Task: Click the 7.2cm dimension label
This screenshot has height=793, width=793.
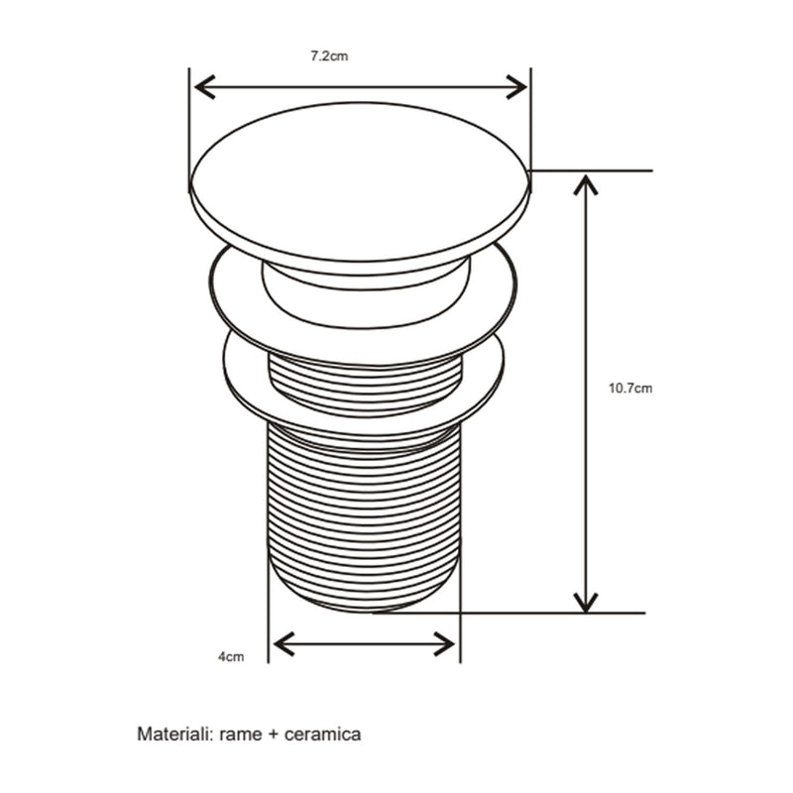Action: pyautogui.click(x=329, y=56)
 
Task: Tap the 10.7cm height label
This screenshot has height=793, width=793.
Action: pyautogui.click(x=630, y=389)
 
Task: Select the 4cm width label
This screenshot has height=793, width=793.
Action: pyautogui.click(x=231, y=657)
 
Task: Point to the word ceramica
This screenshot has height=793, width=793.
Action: pyautogui.click(x=323, y=735)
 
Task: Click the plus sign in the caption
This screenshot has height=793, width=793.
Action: pyautogui.click(x=274, y=735)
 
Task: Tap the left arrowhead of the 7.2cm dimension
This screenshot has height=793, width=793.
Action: pyautogui.click(x=204, y=88)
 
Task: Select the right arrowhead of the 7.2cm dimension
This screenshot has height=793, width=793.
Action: pyautogui.click(x=516, y=87)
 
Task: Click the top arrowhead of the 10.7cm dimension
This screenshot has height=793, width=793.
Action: pyautogui.click(x=586, y=184)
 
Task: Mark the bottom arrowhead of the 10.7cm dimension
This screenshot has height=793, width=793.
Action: pyautogui.click(x=586, y=603)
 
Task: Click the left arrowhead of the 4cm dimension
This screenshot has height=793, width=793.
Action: pyautogui.click(x=283, y=643)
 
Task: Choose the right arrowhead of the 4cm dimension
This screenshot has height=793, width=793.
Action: pyautogui.click(x=445, y=643)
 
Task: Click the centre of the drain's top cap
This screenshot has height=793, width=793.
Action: pyautogui.click(x=360, y=183)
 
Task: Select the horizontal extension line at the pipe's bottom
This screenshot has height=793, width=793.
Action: pyautogui.click(x=509, y=613)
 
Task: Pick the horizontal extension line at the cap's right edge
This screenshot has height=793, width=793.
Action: pyautogui.click(x=591, y=170)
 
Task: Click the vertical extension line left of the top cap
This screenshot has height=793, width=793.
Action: pyautogui.click(x=189, y=130)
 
